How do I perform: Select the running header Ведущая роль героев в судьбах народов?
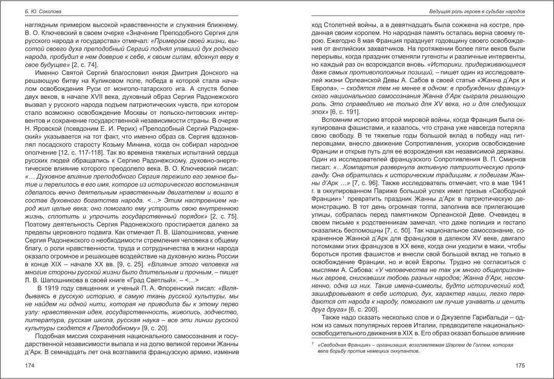(x=477, y=11)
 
